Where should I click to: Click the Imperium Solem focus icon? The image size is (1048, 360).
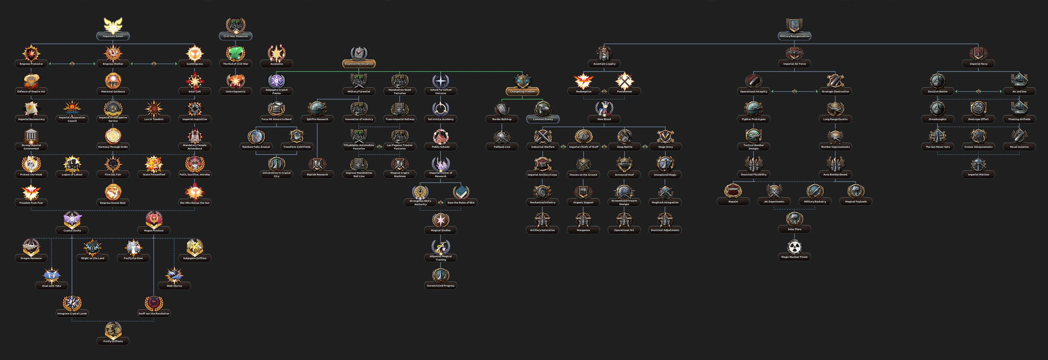click(x=113, y=25)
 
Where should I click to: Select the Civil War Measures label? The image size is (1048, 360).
click(x=235, y=36)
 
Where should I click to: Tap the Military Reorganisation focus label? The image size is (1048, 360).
click(x=794, y=36)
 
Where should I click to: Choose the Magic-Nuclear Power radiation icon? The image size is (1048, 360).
click(x=794, y=247)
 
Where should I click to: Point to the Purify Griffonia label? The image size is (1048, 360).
click(x=113, y=341)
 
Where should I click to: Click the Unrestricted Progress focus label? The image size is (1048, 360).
click(x=441, y=285)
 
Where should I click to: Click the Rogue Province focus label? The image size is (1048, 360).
click(x=154, y=231)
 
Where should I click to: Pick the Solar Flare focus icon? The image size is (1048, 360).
click(x=794, y=219)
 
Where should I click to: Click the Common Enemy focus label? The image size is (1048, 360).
click(x=543, y=119)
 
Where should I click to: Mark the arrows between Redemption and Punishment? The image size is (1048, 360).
click(x=604, y=92)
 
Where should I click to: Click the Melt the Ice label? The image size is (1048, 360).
click(x=174, y=286)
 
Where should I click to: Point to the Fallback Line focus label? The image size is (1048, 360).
click(x=502, y=147)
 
